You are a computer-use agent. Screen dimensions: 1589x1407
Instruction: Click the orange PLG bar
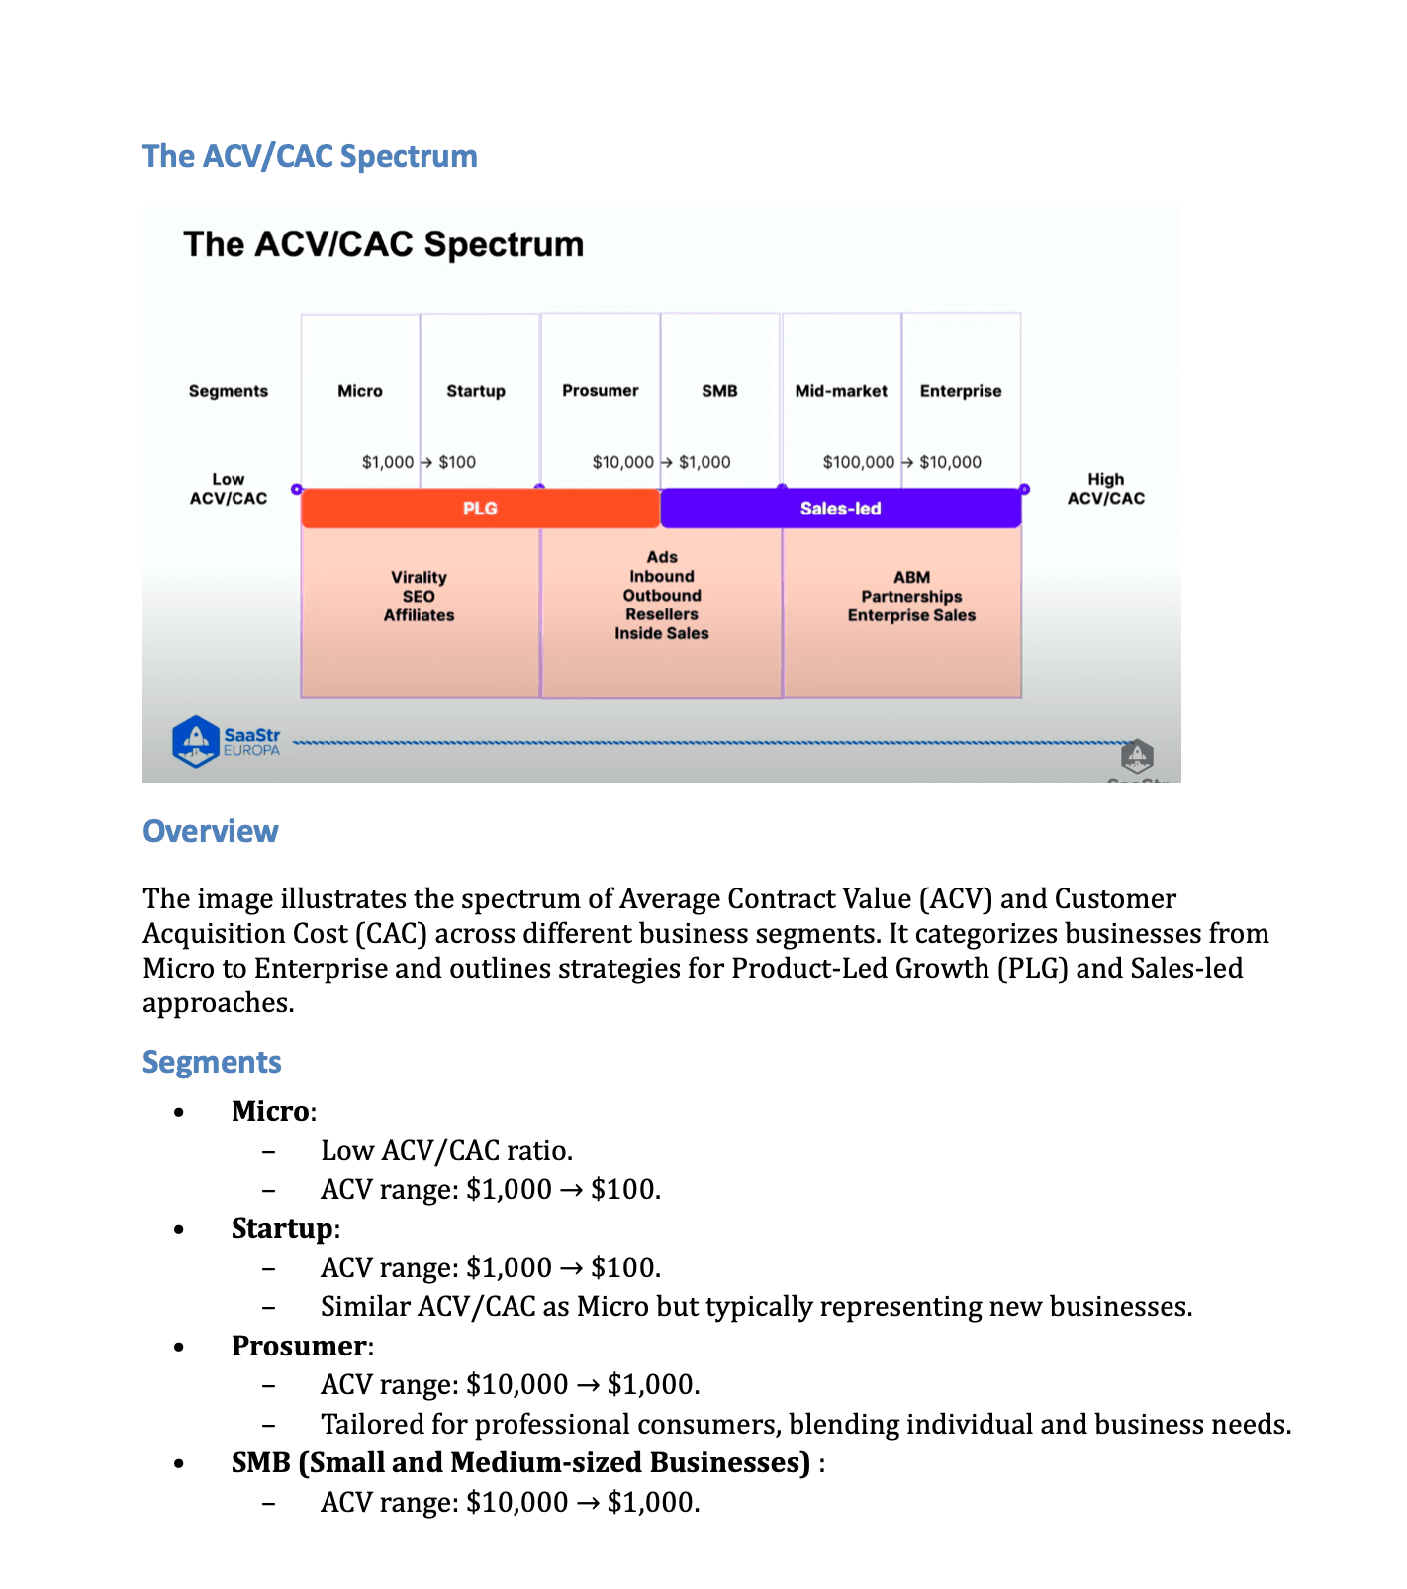pos(480,509)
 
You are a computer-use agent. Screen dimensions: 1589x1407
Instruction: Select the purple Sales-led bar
pos(840,509)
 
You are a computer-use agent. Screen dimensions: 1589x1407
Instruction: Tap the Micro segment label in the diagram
pos(360,391)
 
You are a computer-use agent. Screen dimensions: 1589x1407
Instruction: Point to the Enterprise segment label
pos(961,391)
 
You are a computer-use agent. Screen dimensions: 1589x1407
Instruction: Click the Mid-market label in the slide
pos(841,391)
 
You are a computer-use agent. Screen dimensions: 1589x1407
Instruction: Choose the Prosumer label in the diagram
pos(601,391)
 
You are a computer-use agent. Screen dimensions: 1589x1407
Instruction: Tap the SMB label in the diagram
pos(719,391)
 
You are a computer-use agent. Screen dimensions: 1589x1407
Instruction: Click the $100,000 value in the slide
pos(858,462)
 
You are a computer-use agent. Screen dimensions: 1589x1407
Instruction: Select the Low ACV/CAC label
pos(229,489)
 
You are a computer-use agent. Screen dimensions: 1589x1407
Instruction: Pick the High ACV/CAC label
pos(1105,489)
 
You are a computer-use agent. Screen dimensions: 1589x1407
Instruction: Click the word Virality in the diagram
pos(419,577)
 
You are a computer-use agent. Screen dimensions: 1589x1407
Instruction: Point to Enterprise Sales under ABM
pos(911,615)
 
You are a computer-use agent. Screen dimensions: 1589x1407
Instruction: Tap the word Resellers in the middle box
pos(662,614)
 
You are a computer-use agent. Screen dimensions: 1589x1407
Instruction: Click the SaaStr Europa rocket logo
pos(196,741)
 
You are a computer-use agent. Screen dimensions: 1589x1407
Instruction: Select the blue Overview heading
pos(211,831)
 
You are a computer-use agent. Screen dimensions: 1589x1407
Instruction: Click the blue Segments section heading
pos(212,1062)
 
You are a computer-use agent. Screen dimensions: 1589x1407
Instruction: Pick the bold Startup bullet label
pos(282,1228)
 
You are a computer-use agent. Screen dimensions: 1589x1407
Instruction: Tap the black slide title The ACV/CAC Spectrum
pos(384,244)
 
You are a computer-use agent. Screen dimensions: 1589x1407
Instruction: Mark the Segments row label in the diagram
pos(229,391)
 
